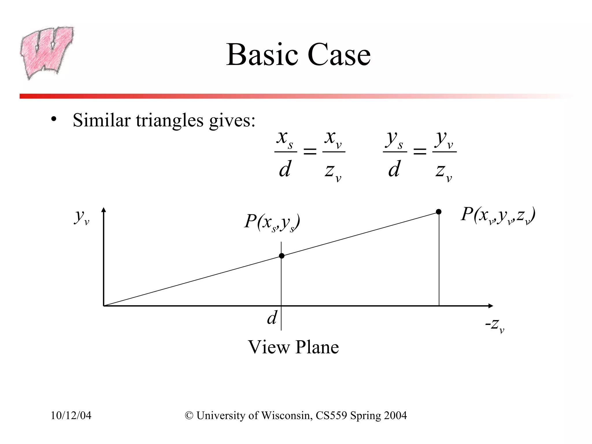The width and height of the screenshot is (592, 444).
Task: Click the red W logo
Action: click(46, 52)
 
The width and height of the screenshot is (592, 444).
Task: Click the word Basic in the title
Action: click(262, 55)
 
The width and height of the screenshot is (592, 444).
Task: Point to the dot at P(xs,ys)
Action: click(282, 256)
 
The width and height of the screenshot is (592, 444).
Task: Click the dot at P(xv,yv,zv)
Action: click(439, 212)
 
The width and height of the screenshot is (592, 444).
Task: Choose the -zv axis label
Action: click(495, 325)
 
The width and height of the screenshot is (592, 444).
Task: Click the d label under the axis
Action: click(272, 318)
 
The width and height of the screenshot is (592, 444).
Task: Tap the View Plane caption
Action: click(293, 347)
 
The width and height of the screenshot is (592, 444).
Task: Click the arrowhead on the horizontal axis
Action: click(491, 306)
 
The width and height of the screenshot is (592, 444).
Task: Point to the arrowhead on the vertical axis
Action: click(104, 210)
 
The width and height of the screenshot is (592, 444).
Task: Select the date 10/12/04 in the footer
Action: click(71, 416)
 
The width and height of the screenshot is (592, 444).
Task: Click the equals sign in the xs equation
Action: click(310, 151)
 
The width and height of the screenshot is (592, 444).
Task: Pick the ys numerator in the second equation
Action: click(395, 140)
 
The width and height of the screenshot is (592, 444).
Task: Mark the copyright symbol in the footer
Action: click(189, 416)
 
